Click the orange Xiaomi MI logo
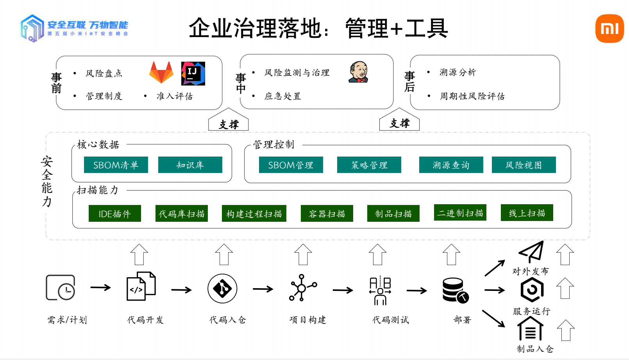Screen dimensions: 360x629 coord(609,29)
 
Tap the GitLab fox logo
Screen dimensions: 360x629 coord(161,72)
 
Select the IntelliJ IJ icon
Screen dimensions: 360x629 coord(193,73)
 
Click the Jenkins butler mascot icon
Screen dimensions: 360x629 coord(358,72)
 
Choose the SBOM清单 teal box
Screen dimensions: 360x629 coord(116,165)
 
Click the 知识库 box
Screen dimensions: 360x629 coord(190,165)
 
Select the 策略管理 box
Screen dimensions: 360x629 coord(369,165)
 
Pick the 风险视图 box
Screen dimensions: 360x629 coord(524,165)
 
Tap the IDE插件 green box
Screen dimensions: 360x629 coord(115,214)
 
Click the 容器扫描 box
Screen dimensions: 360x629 coord(327,214)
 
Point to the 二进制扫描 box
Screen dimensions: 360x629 coord(460,213)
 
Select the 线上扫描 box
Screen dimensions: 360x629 coord(527,213)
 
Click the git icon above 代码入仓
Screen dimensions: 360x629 coord(222,289)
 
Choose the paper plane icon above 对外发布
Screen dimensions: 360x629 coord(531,252)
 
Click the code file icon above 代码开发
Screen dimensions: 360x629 coord(141,286)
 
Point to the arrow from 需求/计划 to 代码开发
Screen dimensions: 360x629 coord(100,288)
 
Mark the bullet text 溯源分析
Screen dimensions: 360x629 coord(457,72)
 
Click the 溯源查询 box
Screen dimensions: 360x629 coord(451,165)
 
